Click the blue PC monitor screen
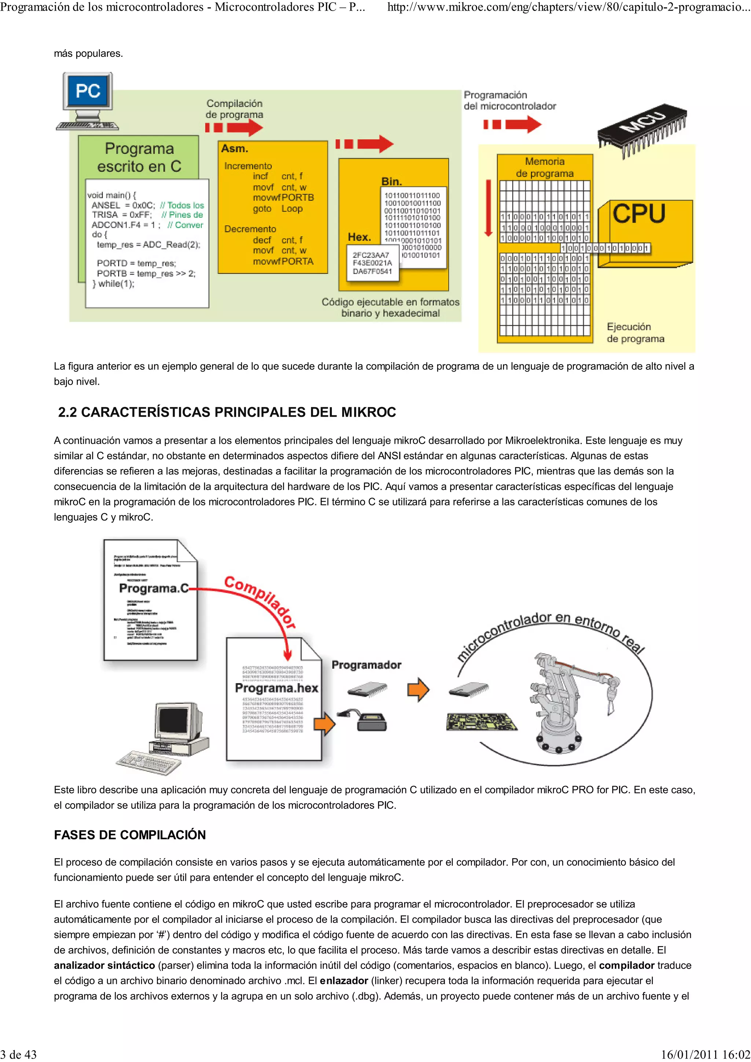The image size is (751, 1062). (88, 91)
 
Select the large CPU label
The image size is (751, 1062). (639, 214)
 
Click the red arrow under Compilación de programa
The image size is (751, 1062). (235, 127)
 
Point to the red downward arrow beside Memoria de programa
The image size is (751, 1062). (488, 208)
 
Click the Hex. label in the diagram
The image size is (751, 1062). (359, 237)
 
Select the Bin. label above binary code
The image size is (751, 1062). (392, 181)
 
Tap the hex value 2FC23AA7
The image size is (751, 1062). (371, 255)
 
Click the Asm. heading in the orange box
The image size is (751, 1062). (235, 149)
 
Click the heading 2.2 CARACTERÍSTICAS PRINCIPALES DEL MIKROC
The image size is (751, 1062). (227, 412)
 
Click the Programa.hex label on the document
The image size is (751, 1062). (276, 688)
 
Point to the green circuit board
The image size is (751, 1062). (481, 722)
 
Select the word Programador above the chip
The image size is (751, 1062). (366, 665)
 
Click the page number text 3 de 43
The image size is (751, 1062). (18, 1054)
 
